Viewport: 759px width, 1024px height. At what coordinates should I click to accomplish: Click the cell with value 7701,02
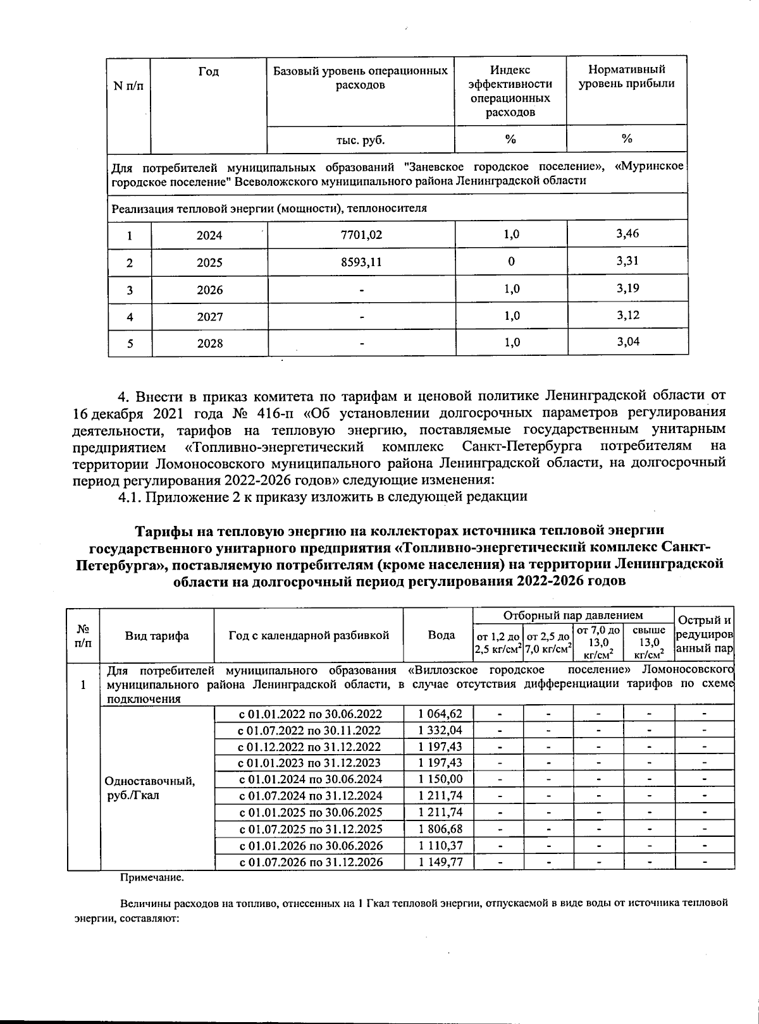[361, 235]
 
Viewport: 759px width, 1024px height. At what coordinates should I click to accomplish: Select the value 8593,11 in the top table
[361, 262]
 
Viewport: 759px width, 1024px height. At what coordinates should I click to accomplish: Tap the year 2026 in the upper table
[209, 290]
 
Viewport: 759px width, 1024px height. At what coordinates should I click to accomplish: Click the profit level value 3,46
[627, 234]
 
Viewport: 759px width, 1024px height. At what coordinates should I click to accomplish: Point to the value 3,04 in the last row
[627, 342]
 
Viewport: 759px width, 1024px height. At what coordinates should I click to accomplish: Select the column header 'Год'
[208, 72]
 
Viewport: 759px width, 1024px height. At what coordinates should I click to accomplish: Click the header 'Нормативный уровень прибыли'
[627, 76]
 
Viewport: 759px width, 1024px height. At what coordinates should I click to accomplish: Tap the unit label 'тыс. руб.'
[361, 140]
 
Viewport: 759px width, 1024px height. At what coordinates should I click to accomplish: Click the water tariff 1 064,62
[440, 714]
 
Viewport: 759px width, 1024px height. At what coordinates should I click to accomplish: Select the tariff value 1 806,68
[440, 829]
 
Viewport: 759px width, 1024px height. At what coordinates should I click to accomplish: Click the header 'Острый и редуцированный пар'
[704, 634]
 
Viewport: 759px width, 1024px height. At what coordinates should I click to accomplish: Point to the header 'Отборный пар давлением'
[573, 615]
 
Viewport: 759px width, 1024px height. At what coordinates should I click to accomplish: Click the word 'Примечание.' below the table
[152, 878]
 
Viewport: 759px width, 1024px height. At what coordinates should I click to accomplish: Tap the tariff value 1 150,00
[440, 779]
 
